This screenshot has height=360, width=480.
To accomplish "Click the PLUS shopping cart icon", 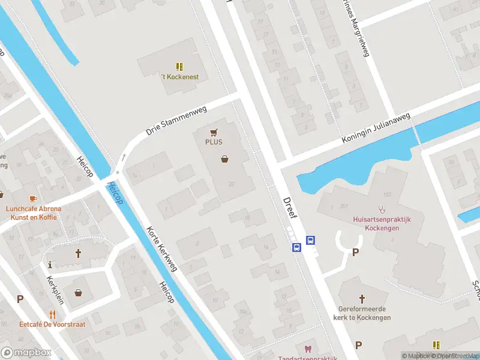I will pos(213,132).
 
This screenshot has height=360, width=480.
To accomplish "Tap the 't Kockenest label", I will pos(179,77).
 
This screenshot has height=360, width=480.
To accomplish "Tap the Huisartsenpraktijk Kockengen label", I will pos(382,224).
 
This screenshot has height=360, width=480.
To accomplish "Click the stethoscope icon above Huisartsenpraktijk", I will pos(382,211).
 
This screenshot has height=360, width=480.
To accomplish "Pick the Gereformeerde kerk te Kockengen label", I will pos(364,313).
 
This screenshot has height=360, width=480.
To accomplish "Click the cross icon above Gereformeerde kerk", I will pos(362,298).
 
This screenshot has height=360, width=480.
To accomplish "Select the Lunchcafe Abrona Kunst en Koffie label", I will pos(34,213).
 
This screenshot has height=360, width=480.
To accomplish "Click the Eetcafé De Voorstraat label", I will pos(52,324).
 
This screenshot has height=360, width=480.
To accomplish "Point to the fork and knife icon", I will pos(52,313).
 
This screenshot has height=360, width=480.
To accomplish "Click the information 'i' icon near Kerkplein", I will pos(50,264).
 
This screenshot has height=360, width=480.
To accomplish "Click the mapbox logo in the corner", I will pos(25,352).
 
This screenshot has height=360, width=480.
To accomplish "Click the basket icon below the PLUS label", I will pos(225,159).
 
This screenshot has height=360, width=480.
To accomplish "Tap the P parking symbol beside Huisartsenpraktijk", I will pos(355,253).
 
